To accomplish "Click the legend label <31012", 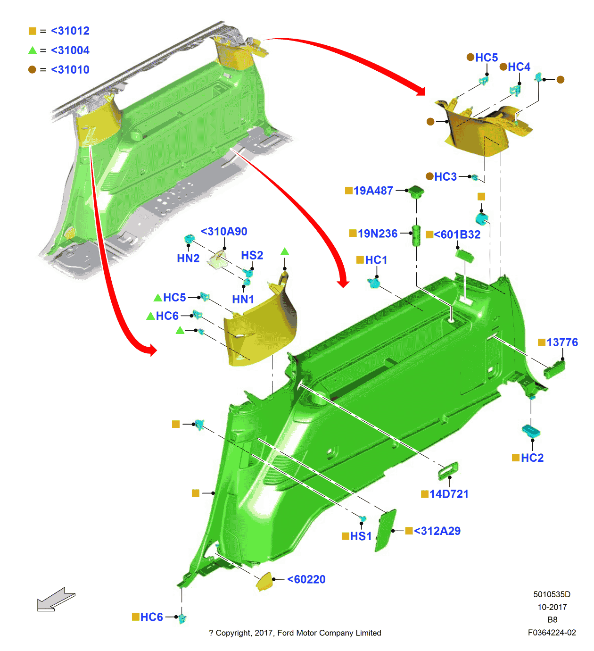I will [70, 31].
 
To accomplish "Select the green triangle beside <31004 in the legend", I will [33, 50].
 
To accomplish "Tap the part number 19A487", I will [373, 191].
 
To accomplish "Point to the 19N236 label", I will [377, 234].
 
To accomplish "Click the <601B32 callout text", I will [457, 234].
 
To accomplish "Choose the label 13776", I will [562, 342].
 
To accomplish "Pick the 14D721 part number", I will [449, 494].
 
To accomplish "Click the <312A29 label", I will [437, 531].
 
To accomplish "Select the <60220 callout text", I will [306, 579].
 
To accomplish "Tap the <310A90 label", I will [224, 232].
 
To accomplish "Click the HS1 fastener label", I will [361, 536].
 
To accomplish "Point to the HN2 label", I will [188, 259].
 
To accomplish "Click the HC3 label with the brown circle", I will [445, 177].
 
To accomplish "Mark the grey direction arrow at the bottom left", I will [56, 599].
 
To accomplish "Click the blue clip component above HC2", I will [531, 431].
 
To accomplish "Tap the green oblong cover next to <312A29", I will [386, 531].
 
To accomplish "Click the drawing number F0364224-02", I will [552, 633].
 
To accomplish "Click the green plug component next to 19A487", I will [416, 191].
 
